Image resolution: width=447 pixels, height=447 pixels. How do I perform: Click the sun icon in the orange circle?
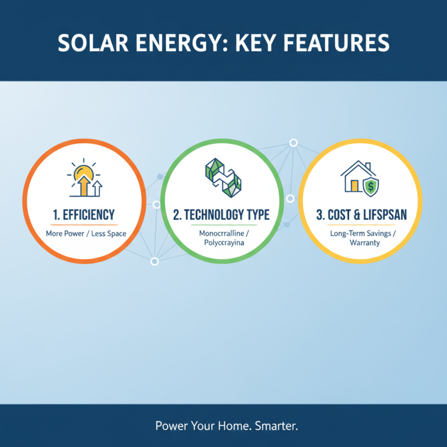click(82, 173)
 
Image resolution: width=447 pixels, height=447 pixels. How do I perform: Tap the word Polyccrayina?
click(222, 243)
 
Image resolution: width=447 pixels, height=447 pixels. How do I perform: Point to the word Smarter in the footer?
click(277, 426)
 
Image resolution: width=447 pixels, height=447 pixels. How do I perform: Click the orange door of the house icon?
click(353, 185)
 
